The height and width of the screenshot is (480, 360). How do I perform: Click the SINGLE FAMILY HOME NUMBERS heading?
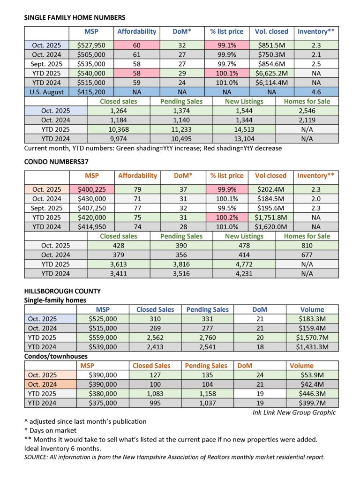[75, 18]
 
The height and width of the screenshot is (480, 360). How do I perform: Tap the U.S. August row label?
[46, 91]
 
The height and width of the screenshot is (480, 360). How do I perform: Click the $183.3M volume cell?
[312, 319]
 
